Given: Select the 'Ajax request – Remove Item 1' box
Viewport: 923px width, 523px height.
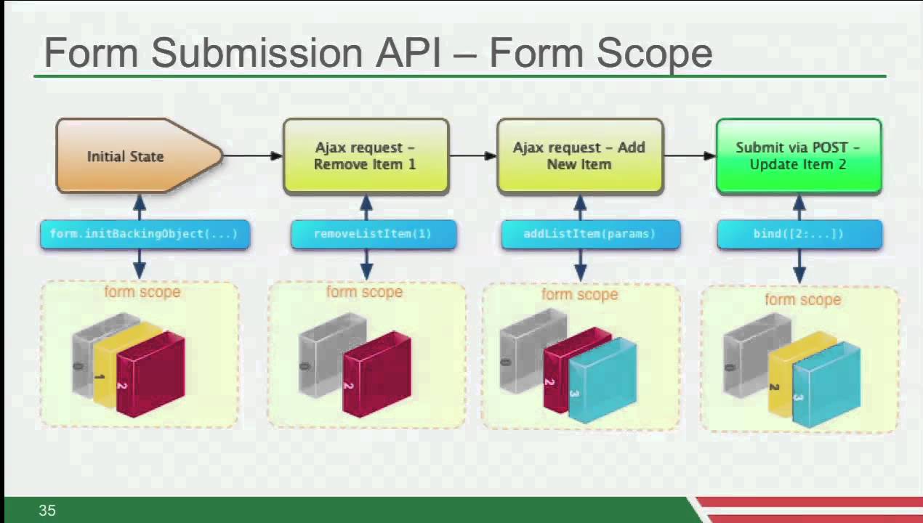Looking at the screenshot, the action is pyautogui.click(x=366, y=156).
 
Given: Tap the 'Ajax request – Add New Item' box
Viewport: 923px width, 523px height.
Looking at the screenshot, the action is pyautogui.click(x=580, y=156).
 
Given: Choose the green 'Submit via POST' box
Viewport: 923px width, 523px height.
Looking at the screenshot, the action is pyautogui.click(x=799, y=156).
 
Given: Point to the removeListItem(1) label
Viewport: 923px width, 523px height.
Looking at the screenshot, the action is pyautogui.click(x=374, y=235).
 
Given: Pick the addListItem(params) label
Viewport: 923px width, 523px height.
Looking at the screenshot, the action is pyautogui.click(x=590, y=235).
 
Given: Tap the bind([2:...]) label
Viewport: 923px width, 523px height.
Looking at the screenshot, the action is pyautogui.click(x=799, y=235).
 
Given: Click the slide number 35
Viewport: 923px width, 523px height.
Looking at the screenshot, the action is pyautogui.click(x=47, y=511).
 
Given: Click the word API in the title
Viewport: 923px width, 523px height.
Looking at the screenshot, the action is pyautogui.click(x=408, y=53).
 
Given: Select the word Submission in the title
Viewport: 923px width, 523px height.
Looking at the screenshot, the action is pyautogui.click(x=257, y=53).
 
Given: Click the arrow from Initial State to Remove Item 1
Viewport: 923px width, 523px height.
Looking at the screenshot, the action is pyautogui.click(x=253, y=155).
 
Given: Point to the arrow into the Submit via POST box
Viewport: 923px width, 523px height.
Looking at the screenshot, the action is pyautogui.click(x=690, y=155).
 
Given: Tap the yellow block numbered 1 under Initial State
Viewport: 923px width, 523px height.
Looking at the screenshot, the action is pyautogui.click(x=105, y=365).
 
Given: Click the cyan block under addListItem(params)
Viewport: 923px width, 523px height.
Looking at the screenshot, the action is pyautogui.click(x=602, y=380).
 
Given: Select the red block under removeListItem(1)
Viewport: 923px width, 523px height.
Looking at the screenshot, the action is pyautogui.click(x=376, y=374).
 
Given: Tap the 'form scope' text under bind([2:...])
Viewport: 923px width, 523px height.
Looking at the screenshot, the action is pyautogui.click(x=802, y=299).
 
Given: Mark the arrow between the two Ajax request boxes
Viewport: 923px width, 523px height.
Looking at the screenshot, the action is pyautogui.click(x=473, y=155).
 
